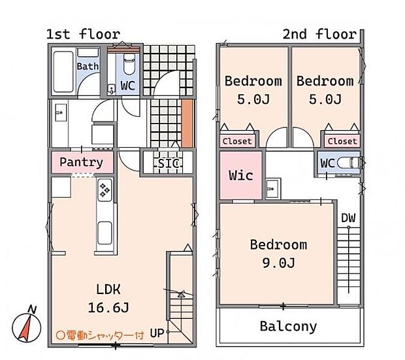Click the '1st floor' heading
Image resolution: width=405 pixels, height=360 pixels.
[x=83, y=34]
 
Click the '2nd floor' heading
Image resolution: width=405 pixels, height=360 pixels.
[x=319, y=34]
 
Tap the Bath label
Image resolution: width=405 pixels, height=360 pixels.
[x=88, y=67]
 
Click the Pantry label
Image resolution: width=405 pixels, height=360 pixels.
[x=81, y=162]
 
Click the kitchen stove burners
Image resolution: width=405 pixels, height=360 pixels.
[x=105, y=191]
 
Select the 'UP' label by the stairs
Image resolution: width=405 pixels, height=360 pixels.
[x=157, y=333]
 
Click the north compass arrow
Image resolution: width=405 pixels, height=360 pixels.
[x=25, y=325]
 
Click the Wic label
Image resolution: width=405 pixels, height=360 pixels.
[x=240, y=175]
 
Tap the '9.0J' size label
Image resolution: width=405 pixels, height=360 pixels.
[x=278, y=263]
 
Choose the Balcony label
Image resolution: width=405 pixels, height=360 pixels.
[x=288, y=326]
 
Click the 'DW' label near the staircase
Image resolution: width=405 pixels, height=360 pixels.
[x=348, y=218]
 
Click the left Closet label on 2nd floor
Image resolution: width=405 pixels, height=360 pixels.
[x=237, y=141]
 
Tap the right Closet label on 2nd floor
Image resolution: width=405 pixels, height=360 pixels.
[x=342, y=141]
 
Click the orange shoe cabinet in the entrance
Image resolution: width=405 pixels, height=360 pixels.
[x=187, y=123]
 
